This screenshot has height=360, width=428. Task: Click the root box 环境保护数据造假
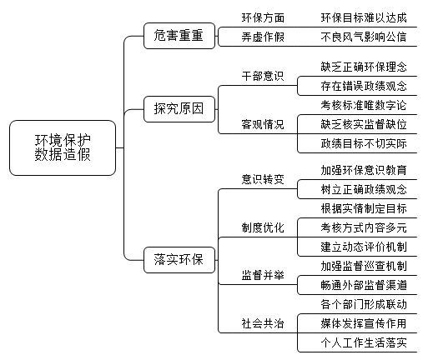pos(63,147)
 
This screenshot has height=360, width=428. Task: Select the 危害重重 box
pos(179,36)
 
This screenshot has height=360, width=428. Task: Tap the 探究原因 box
pos(179,109)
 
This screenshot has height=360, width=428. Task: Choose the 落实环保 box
pos(179,260)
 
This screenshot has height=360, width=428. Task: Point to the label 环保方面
pos(263,17)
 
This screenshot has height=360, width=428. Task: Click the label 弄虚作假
pos(263,37)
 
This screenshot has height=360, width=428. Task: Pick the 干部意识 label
pos(263,76)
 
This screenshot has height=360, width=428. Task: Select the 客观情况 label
pos(263,124)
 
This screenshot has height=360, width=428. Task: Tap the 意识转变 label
pos(263,179)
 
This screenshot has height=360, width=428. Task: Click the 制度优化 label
pos(263,227)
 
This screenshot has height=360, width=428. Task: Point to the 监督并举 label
pos(263,275)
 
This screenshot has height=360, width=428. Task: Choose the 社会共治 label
pos(263,323)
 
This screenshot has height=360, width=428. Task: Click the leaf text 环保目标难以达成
pos(364,17)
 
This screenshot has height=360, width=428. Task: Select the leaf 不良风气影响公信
pos(364,37)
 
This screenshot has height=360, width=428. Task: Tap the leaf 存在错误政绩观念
pos(364,86)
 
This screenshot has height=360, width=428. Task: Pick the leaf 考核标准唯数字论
pos(364,105)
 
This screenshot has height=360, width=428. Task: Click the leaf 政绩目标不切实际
pos(364,143)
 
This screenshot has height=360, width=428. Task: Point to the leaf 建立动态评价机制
pos(364,247)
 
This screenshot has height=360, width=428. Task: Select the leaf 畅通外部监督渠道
pos(364,285)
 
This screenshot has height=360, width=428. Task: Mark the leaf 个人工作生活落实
pos(364,342)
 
